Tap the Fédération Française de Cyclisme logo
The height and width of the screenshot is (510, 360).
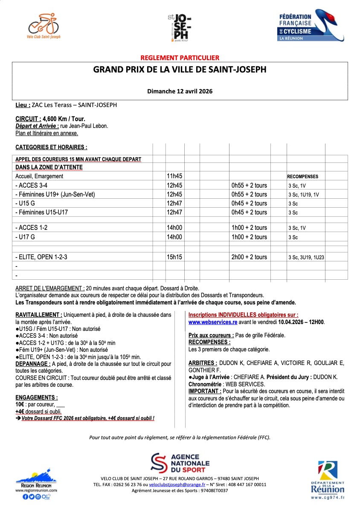[x=311, y=26]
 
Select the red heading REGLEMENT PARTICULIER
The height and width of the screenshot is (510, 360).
[x=180, y=58]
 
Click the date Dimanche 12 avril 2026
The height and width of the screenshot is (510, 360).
[x=180, y=91]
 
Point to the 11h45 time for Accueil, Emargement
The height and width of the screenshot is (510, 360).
[x=174, y=176]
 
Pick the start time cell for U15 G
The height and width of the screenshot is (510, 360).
[x=174, y=203]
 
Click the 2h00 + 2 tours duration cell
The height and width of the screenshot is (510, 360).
[x=249, y=257]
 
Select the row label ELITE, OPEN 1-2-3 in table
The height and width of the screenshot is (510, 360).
[x=41, y=257]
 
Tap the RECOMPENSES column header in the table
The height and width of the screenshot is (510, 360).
[x=302, y=177]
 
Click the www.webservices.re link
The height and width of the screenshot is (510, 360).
[x=212, y=322]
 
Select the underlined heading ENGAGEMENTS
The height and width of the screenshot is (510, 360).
[x=37, y=397]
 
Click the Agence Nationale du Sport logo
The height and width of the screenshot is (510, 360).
[x=180, y=463]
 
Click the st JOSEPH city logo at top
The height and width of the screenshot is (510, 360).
[x=179, y=26]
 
